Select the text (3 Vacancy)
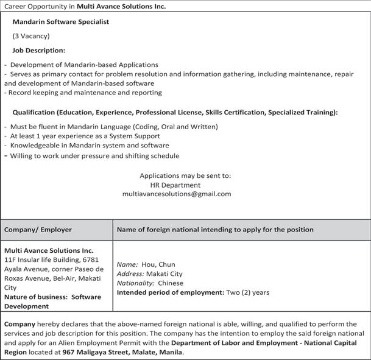(x=31, y=36)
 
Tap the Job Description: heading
(x=38, y=51)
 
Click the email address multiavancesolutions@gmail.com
(x=177, y=194)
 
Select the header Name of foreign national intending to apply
(x=215, y=230)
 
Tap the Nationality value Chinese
(x=170, y=283)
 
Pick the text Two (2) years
(x=248, y=292)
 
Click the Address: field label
(x=130, y=274)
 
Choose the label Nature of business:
(x=36, y=297)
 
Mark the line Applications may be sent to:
(x=185, y=175)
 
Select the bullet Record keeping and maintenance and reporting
(x=83, y=93)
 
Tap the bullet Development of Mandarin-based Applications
(x=84, y=65)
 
